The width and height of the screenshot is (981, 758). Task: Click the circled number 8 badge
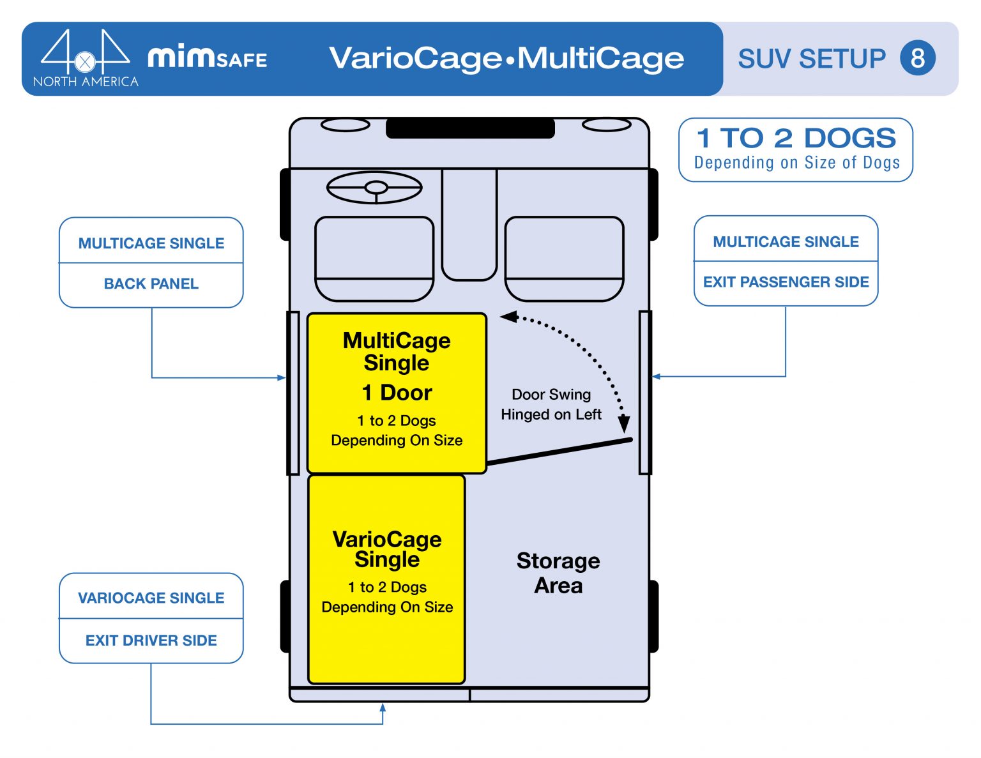[x=917, y=58]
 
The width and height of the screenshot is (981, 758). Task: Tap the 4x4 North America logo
[x=85, y=58]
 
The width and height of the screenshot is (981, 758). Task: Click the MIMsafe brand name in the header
[x=207, y=58]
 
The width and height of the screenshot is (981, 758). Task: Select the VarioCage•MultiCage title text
[x=506, y=58]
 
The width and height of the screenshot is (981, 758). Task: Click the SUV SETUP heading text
[x=811, y=59]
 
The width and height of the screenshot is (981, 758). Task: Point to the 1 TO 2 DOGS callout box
[x=796, y=149]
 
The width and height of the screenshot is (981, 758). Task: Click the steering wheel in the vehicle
[x=374, y=188]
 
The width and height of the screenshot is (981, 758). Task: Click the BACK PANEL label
[x=151, y=284]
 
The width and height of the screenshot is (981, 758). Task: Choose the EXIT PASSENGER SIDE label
[x=786, y=282]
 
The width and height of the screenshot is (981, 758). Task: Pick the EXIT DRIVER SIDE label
[x=151, y=641]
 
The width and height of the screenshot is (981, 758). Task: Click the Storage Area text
[x=558, y=573]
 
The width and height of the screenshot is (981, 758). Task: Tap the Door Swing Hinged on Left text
[x=551, y=404]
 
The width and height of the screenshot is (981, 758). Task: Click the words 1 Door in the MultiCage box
[x=397, y=392]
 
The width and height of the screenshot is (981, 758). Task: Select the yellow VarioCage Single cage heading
[x=387, y=549]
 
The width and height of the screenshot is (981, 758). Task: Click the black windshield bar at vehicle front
[x=470, y=128]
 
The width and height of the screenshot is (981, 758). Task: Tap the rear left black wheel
[x=285, y=616]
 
